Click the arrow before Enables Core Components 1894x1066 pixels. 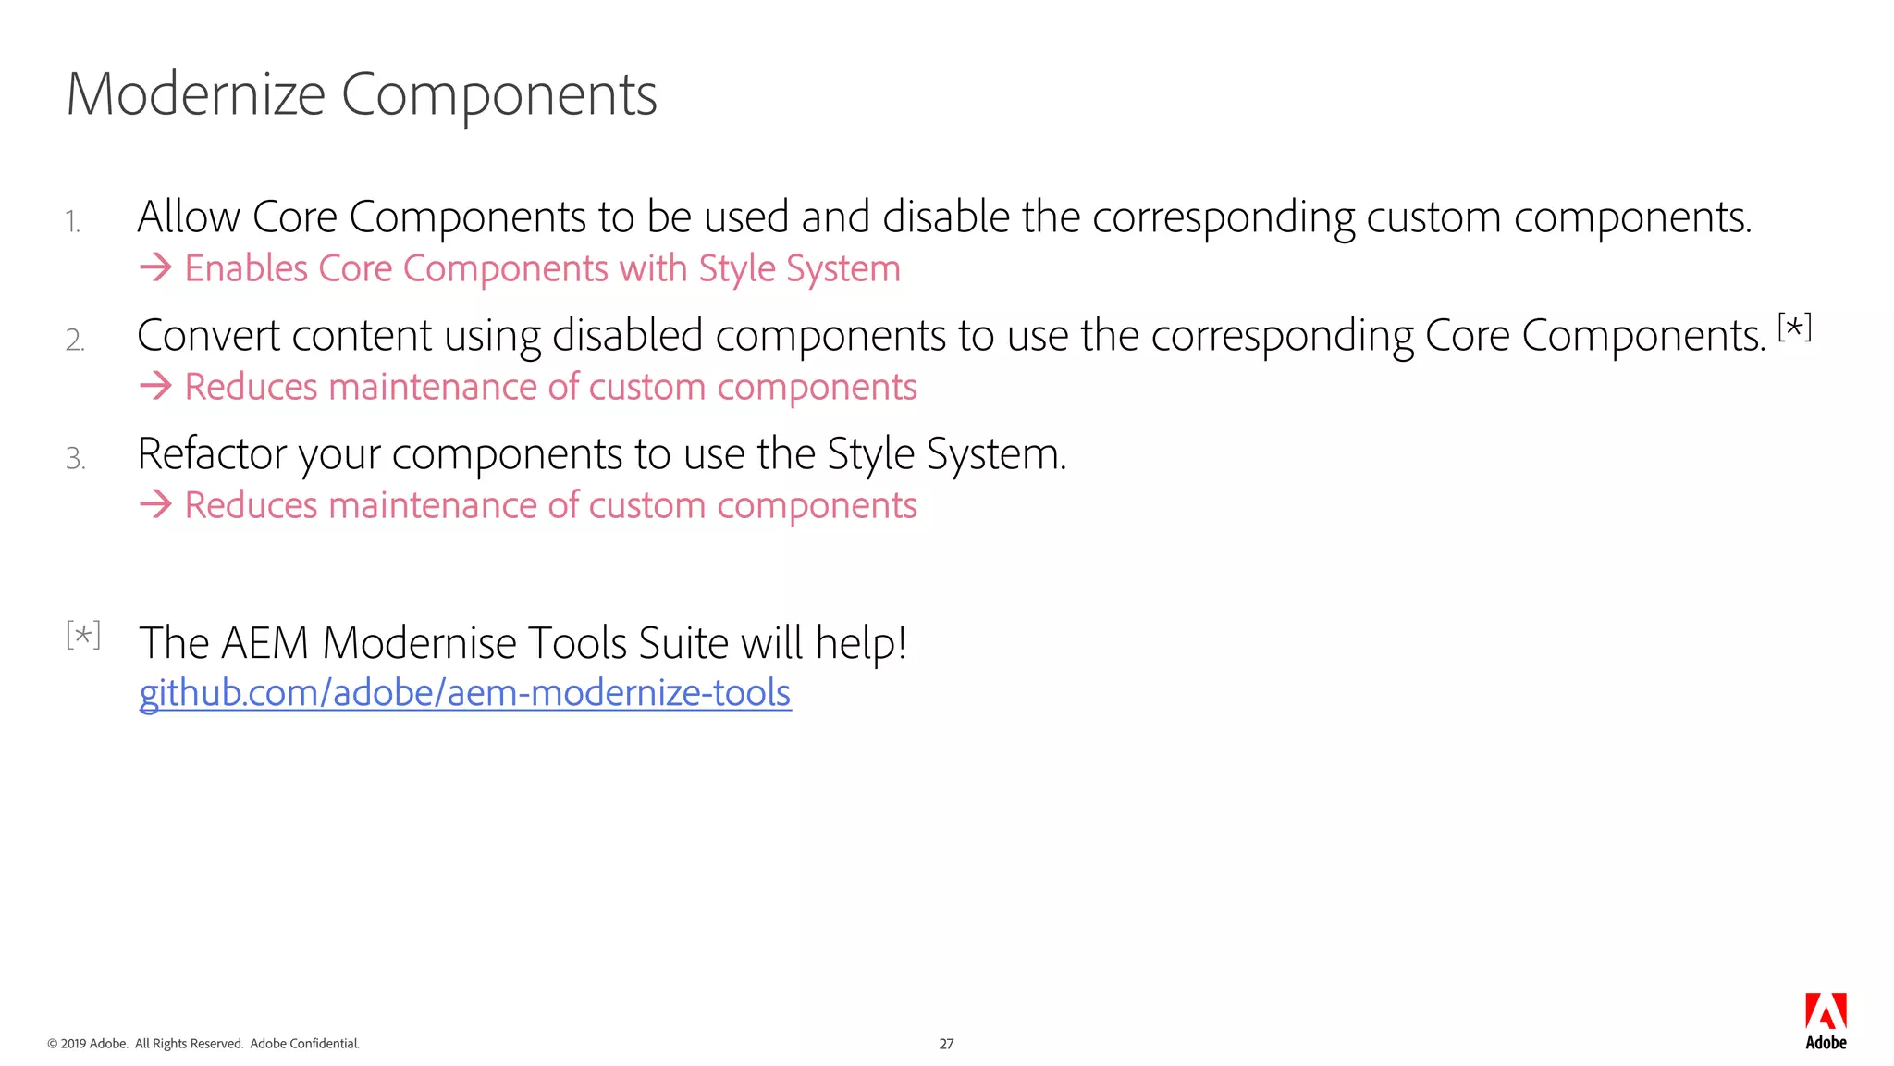(155, 268)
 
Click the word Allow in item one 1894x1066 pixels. (188, 217)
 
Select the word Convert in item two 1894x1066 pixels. (207, 336)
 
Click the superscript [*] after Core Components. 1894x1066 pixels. (1794, 328)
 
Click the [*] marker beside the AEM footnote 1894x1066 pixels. (83, 635)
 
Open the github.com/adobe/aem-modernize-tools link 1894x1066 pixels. (465, 693)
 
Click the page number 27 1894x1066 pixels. (946, 1044)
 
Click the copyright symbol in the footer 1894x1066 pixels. (52, 1044)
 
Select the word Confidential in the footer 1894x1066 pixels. (325, 1044)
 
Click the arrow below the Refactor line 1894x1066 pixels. (155, 505)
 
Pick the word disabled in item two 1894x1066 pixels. (627, 336)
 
